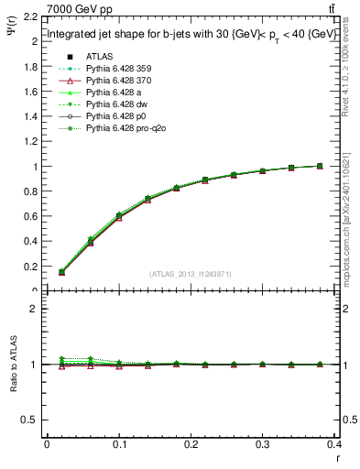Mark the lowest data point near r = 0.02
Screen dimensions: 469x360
[61, 273]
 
